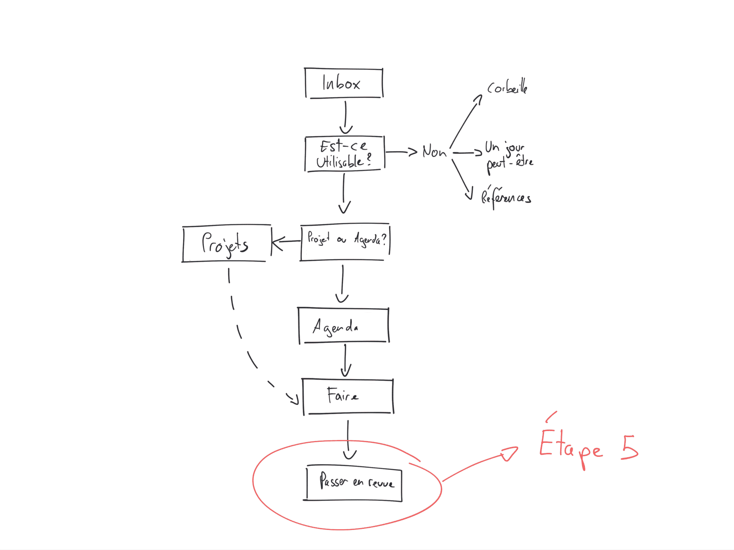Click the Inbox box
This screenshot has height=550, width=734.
click(x=344, y=83)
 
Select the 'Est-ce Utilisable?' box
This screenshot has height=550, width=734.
click(x=344, y=154)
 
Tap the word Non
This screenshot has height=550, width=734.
click(x=434, y=152)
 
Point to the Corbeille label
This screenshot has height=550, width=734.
click(x=507, y=87)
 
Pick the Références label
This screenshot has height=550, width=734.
click(x=506, y=197)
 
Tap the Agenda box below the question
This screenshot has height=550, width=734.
click(x=343, y=326)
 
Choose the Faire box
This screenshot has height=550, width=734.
click(x=348, y=396)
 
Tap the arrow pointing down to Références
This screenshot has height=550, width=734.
click(x=461, y=179)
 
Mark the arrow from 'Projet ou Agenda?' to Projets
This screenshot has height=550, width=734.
click(x=286, y=241)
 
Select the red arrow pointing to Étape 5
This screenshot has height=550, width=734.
click(x=480, y=462)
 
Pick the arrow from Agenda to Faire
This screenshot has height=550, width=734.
click(x=345, y=360)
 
